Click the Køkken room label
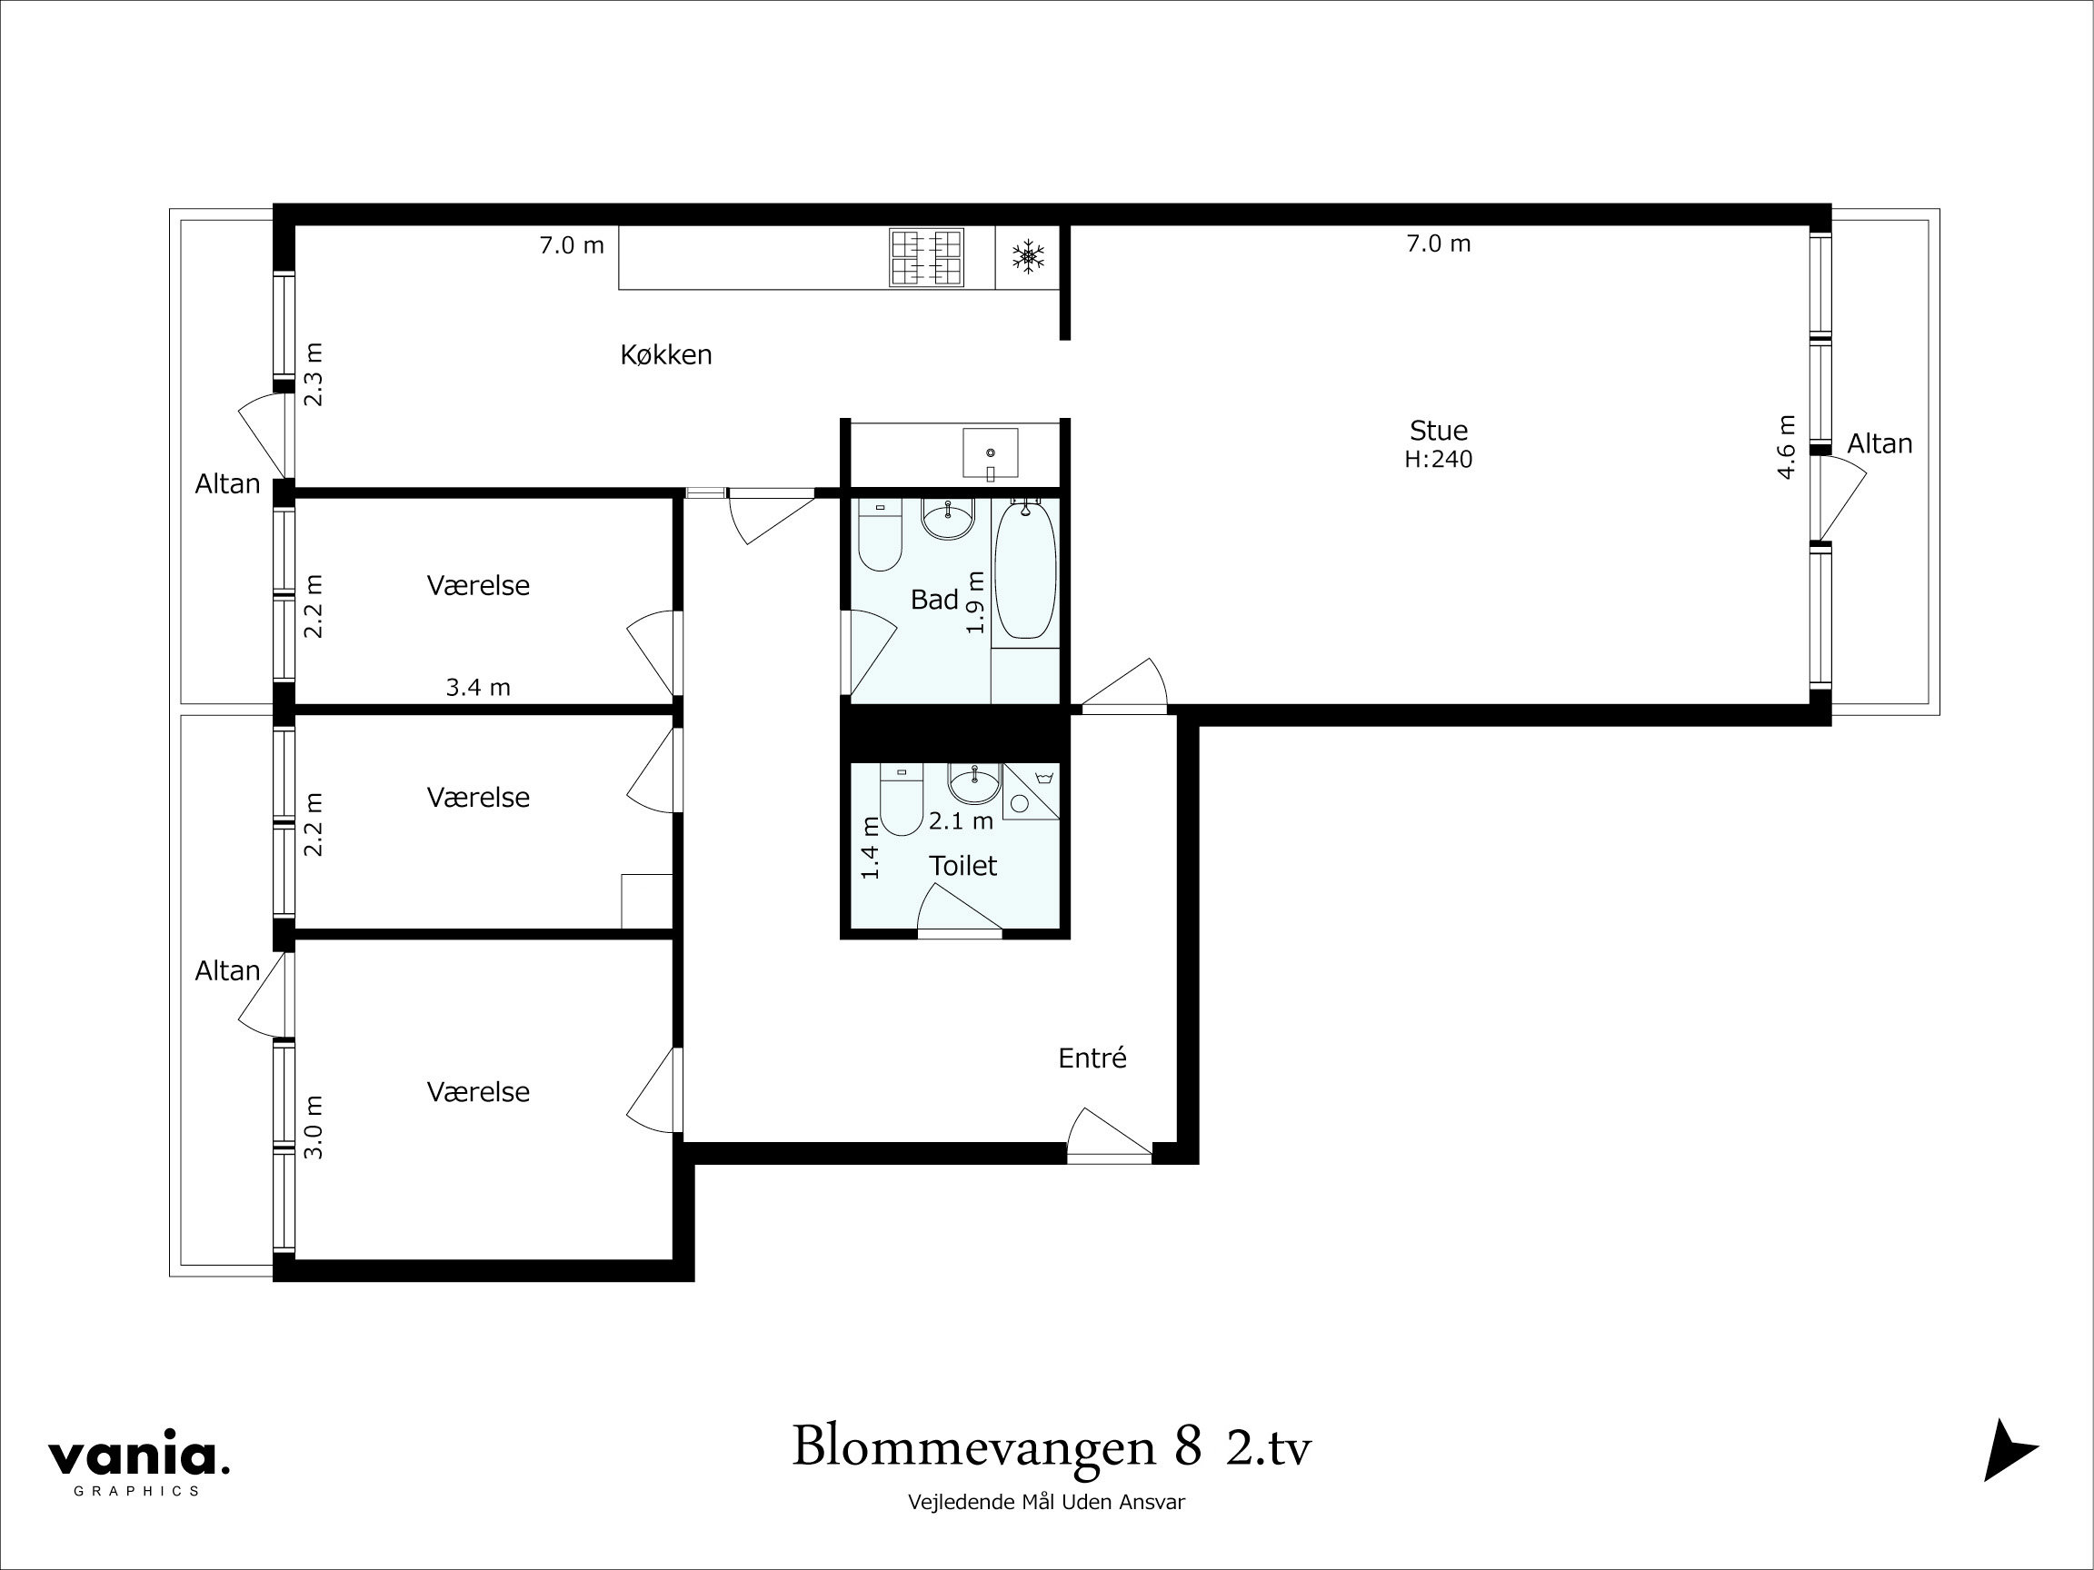(665, 355)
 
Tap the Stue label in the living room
(1438, 431)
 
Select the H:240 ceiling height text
(1438, 460)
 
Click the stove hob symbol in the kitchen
(926, 257)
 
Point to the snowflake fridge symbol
(1027, 256)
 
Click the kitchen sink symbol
(991, 453)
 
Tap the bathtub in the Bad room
(1025, 571)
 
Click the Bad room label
(933, 599)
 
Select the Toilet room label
(962, 866)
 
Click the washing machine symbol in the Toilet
(1030, 792)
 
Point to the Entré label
(1092, 1058)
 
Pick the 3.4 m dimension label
(478, 688)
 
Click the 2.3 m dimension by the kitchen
(314, 374)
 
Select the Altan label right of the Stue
(1880, 444)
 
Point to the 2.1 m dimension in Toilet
(960, 821)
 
